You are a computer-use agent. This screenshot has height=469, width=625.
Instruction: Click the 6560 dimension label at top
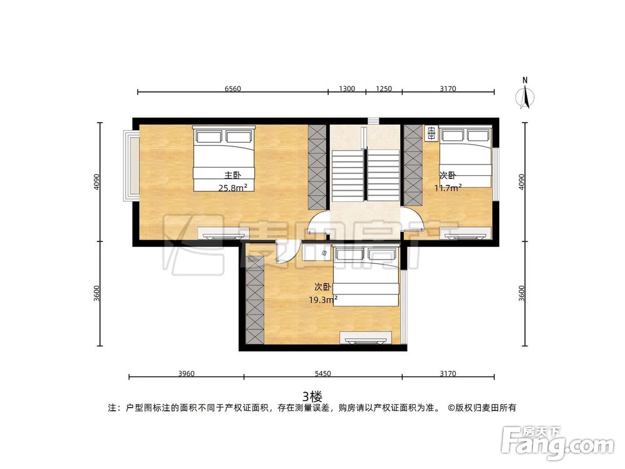click(232, 89)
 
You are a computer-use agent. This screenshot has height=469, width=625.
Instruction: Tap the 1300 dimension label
click(347, 89)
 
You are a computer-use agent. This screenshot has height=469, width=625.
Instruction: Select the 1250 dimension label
click(384, 89)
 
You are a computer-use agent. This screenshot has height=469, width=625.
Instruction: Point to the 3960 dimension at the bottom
click(186, 374)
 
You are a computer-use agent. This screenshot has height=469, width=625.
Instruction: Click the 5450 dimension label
click(322, 374)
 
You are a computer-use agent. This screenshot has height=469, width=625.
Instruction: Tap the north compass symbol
click(526, 94)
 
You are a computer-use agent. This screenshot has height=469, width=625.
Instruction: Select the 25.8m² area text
click(232, 187)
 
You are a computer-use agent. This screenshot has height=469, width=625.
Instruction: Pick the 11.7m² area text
click(448, 187)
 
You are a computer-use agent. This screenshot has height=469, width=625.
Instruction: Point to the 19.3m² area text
click(323, 300)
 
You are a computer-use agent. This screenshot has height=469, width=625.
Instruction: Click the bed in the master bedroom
click(224, 159)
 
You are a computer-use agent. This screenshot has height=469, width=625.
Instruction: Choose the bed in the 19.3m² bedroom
click(366, 276)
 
